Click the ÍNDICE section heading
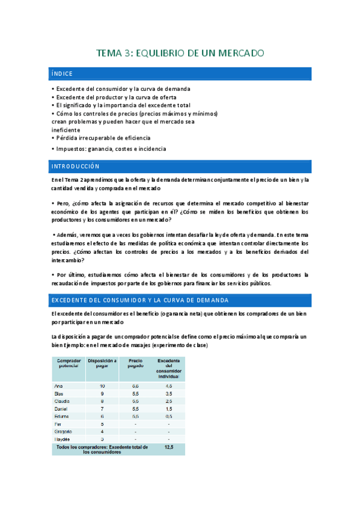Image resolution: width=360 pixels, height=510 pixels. point(63,74)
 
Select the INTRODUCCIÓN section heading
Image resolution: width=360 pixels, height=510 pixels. point(75,166)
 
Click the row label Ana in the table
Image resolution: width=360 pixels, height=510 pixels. point(58,386)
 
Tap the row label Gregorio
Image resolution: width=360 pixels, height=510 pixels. point(64,431)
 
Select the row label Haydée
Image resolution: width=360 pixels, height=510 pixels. point(63,439)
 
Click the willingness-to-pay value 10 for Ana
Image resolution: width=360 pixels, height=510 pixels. point(102,386)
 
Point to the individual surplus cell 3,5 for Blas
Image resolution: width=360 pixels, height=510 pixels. point(169,393)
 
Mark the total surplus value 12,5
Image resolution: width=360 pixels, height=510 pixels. point(169,448)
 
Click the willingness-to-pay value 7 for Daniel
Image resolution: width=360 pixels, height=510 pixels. point(102,408)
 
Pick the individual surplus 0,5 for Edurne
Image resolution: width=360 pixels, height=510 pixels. point(169,416)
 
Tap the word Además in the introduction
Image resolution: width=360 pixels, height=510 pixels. point(67,235)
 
